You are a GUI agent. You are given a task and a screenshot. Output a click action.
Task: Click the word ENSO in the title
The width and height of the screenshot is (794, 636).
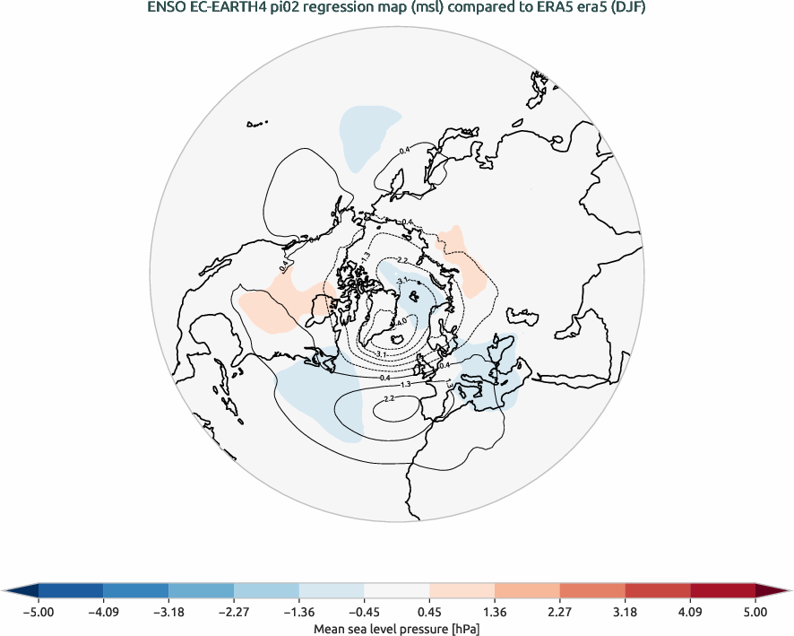[x=167, y=9]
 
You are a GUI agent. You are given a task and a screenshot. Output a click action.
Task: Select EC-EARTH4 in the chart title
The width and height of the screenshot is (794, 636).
[x=227, y=9]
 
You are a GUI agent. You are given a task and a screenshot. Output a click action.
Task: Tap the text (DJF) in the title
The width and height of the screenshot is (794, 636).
[x=628, y=9]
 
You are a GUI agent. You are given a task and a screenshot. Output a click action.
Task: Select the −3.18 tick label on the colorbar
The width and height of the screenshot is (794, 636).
[x=168, y=613]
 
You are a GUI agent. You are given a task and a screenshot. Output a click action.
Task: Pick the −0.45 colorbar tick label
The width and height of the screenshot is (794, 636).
[x=364, y=613]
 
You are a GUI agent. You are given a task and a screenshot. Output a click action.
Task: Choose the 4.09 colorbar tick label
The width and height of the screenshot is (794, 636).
[x=690, y=613]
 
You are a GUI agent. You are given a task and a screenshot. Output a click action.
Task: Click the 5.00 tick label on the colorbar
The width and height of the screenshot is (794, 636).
[x=755, y=613]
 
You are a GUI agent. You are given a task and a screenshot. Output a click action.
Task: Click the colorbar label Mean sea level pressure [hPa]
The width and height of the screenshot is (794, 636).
[x=396, y=629]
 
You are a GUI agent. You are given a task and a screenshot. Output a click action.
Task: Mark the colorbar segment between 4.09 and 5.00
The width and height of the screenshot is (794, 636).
[x=722, y=590]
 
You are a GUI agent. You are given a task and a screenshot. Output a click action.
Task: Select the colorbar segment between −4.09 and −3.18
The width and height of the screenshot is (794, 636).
[x=136, y=590]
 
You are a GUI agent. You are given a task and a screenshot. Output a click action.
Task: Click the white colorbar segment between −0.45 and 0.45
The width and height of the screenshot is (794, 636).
[x=396, y=590]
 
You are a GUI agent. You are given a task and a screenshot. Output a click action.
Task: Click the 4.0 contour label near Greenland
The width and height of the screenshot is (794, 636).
[x=401, y=321]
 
